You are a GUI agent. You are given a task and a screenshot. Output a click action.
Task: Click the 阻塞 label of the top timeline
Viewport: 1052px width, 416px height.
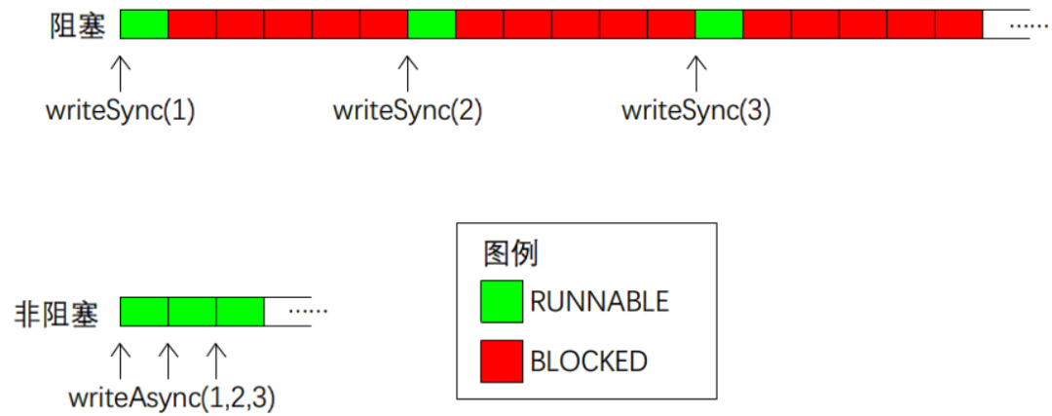[78, 24]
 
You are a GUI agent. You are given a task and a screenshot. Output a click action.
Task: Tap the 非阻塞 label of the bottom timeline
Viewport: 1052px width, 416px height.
[56, 314]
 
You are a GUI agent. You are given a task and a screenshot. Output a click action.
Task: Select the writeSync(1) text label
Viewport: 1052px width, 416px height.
[120, 111]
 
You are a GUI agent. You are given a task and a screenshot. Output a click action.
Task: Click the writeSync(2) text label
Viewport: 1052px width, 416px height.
[407, 111]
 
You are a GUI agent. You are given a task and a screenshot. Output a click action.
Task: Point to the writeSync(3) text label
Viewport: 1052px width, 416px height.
[695, 111]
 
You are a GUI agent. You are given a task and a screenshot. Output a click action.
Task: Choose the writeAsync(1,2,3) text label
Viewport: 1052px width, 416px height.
[171, 397]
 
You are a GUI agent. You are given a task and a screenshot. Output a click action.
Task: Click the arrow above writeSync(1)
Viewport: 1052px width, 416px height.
[120, 73]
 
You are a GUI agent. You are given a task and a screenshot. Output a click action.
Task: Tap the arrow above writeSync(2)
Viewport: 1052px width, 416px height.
[407, 73]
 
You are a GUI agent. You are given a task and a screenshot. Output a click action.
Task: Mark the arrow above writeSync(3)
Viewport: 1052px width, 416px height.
[695, 73]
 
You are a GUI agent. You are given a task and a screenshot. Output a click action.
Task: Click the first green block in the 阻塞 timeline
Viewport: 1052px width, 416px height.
[144, 24]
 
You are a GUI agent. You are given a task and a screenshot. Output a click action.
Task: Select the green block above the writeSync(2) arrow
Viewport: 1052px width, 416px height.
[432, 24]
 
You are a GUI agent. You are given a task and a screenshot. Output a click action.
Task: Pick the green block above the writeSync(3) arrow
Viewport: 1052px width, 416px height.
[719, 24]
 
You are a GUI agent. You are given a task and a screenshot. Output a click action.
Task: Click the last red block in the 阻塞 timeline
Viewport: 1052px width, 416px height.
[958, 24]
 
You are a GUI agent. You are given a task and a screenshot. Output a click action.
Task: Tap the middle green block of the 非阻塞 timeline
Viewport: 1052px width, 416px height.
[192, 312]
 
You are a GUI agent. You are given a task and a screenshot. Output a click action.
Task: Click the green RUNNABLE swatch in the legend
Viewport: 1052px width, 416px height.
[502, 301]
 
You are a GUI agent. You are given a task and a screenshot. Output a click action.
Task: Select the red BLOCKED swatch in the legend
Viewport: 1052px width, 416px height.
[502, 361]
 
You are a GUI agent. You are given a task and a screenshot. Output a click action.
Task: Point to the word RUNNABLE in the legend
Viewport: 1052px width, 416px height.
[600, 302]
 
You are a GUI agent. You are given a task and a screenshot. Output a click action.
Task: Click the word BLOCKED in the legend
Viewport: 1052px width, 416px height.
[589, 361]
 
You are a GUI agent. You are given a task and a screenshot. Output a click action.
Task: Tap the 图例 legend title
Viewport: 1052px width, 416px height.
[509, 254]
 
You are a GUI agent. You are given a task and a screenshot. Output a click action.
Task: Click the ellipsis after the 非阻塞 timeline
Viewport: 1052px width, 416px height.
[307, 312]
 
